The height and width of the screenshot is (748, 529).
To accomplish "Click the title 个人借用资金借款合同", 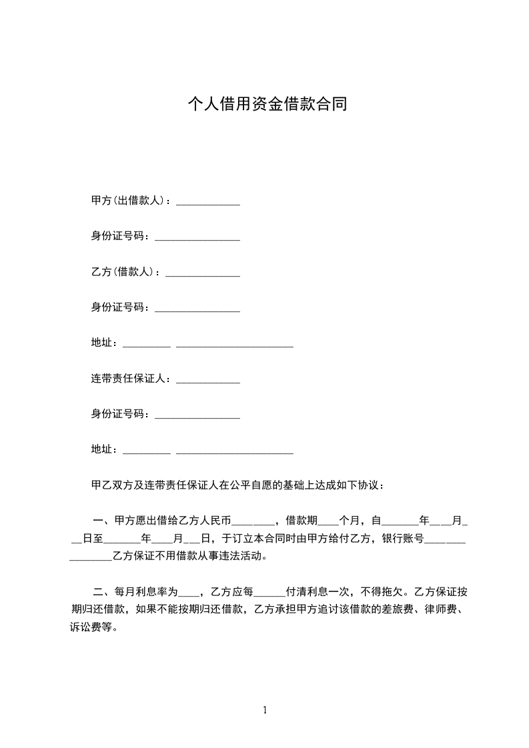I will pyautogui.click(x=266, y=105).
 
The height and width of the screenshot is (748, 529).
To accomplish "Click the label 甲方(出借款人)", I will pyautogui.click(x=127, y=201).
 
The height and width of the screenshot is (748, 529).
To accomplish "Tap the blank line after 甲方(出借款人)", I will pyautogui.click(x=207, y=204).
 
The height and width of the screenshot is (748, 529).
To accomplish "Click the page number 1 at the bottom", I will pyautogui.click(x=265, y=710).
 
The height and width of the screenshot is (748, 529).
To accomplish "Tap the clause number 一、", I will pyautogui.click(x=103, y=520).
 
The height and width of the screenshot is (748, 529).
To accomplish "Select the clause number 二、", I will pyautogui.click(x=103, y=591).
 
